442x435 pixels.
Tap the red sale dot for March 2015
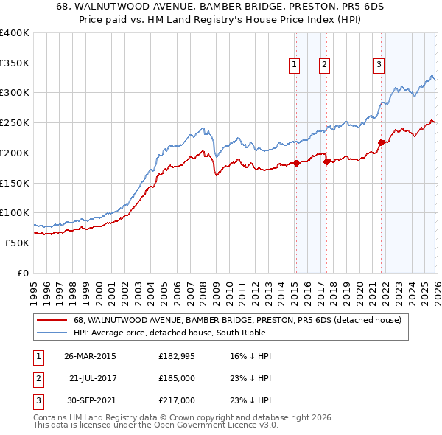tap(295, 163)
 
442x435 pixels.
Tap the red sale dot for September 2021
tap(381, 142)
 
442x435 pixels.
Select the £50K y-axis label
tap(17, 243)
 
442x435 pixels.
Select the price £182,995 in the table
tap(176, 355)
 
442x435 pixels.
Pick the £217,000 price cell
tap(176, 400)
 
